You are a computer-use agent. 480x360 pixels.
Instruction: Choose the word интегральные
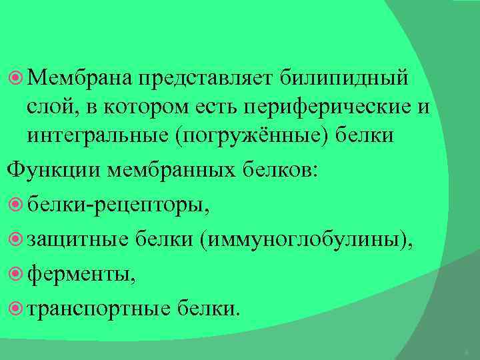pyautogui.click(x=97, y=135)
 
